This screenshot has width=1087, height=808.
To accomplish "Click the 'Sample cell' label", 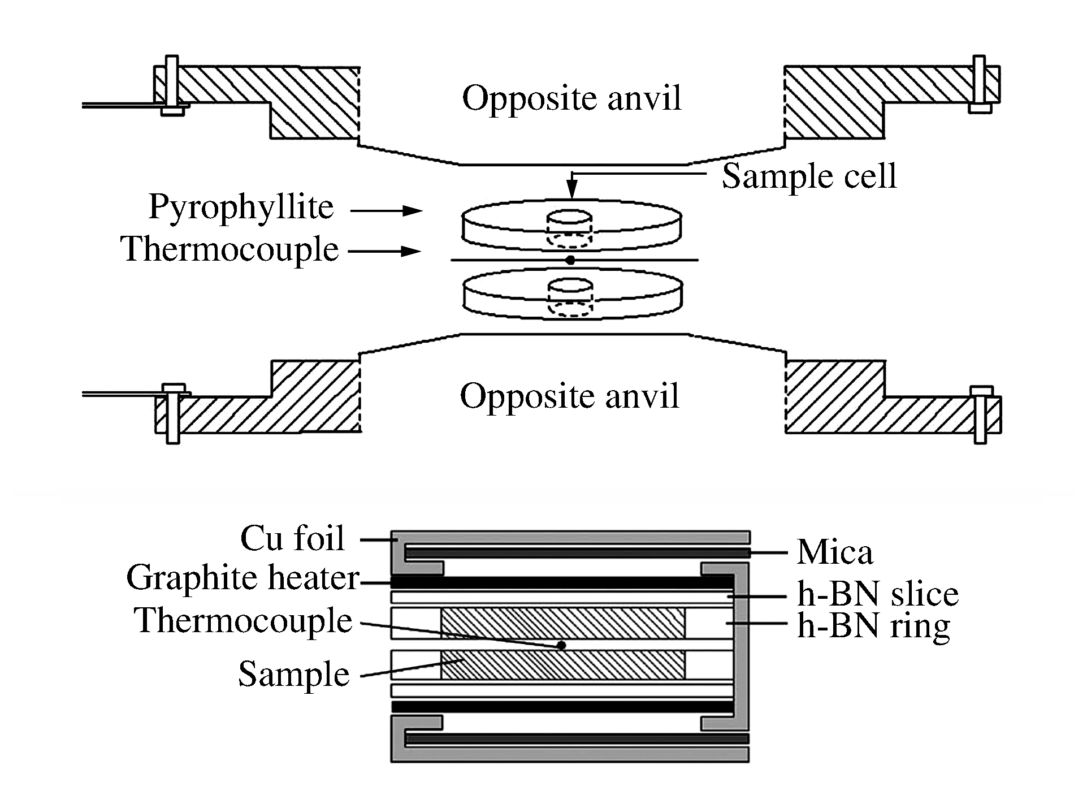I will click(809, 176).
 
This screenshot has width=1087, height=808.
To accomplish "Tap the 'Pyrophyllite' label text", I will click(241, 208).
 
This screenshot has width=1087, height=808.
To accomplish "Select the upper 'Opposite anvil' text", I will click(571, 98).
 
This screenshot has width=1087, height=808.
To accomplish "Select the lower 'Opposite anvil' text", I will click(569, 396).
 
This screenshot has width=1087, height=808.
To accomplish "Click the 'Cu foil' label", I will click(292, 538).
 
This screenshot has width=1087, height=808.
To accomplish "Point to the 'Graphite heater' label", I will click(242, 578).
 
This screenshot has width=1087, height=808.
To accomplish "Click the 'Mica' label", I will click(834, 552).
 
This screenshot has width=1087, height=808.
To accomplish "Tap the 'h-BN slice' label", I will click(877, 594).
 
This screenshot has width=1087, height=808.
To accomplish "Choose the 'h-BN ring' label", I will click(873, 625).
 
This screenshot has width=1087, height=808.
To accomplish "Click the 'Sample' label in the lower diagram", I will click(293, 674).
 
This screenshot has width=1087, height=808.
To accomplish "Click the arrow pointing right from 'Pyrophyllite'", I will click(387, 211).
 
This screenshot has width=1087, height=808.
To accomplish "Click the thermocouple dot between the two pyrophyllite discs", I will click(570, 260).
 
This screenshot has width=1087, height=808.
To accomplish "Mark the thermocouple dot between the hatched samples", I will click(561, 645).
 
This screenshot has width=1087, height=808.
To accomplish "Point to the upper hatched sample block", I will click(562, 623).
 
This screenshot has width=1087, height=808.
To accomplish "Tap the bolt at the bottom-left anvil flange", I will click(172, 414).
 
